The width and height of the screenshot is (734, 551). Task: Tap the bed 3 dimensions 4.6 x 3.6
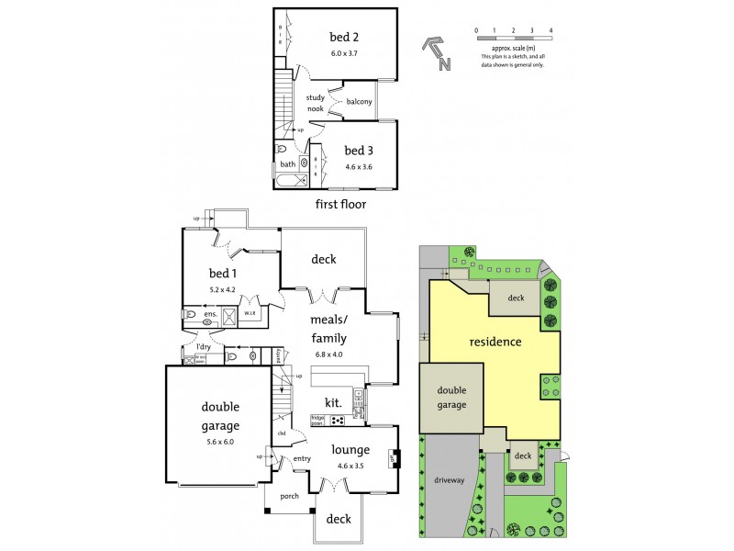point(354,167)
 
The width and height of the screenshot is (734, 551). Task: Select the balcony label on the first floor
point(359,102)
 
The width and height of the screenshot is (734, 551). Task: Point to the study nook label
point(316,103)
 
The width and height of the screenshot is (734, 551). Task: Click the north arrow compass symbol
point(437,52)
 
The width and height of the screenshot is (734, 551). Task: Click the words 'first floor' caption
point(339,204)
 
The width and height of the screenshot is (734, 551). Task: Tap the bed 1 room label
point(223,275)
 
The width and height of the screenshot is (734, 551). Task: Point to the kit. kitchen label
point(333,402)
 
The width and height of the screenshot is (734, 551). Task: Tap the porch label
point(289,497)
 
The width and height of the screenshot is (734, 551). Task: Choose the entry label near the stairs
point(302,459)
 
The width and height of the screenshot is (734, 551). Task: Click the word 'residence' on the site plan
point(495,342)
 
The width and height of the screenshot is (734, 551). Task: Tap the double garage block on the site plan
point(450,397)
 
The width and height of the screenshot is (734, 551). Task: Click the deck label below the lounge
point(339,519)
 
